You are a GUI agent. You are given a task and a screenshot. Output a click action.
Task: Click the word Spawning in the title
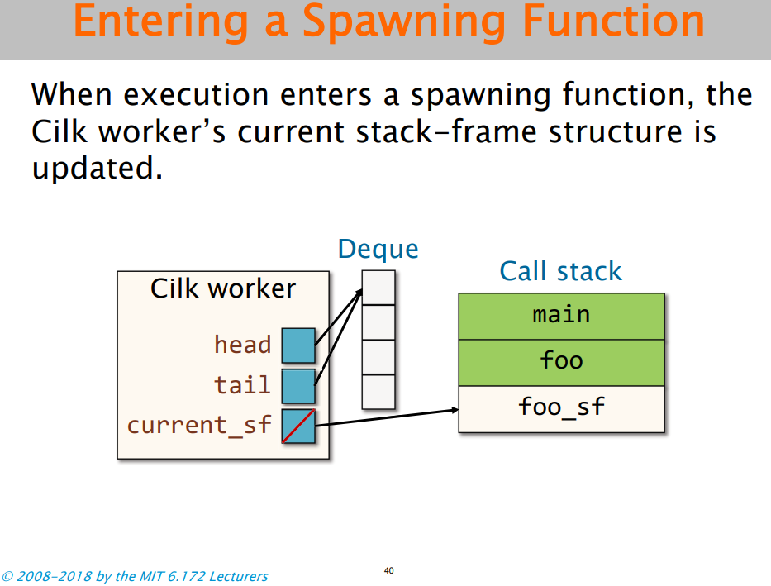coord(404,22)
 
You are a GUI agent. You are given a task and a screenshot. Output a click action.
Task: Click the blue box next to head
coord(298,345)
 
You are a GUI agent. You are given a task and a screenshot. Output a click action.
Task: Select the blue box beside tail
coord(298,387)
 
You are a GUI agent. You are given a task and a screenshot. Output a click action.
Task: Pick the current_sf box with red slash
coord(298,426)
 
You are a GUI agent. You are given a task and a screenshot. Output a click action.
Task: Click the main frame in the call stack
coord(562,316)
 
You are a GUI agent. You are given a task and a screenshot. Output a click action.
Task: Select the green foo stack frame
coord(562,362)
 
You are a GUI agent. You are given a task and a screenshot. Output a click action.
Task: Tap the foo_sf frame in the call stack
coord(562,409)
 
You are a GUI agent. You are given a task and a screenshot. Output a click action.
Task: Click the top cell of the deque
coord(378,288)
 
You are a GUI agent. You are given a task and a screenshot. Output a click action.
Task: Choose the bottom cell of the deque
coord(378,392)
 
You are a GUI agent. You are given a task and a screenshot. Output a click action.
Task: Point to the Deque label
coord(378,250)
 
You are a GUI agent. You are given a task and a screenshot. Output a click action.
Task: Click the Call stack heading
coord(560,271)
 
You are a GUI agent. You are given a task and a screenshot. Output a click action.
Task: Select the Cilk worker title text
coord(223,288)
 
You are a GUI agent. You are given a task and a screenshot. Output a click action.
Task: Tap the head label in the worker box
coord(243,344)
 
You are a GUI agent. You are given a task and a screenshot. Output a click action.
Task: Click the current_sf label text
coord(199,426)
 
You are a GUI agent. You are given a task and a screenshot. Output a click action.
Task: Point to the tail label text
coord(243,384)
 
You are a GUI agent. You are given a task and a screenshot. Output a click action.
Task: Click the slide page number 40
coord(389,571)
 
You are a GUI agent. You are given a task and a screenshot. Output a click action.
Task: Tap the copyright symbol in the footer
coord(7,576)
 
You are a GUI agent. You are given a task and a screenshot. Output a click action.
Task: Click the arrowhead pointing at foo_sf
coord(455,410)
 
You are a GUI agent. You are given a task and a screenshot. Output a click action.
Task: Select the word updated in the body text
coord(98,169)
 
